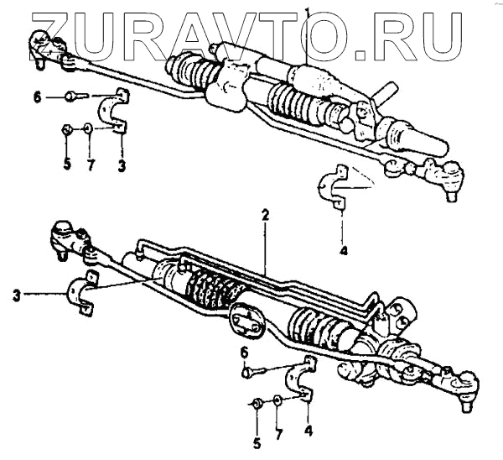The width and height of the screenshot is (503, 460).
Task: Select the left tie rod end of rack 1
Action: click(42, 46)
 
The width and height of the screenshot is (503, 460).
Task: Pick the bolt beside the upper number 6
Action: click(74, 97)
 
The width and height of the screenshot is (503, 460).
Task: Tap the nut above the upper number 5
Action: click(66, 129)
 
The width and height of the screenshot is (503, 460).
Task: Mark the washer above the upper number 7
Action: click(88, 129)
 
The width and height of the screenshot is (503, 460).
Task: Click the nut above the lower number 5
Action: click(258, 405)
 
